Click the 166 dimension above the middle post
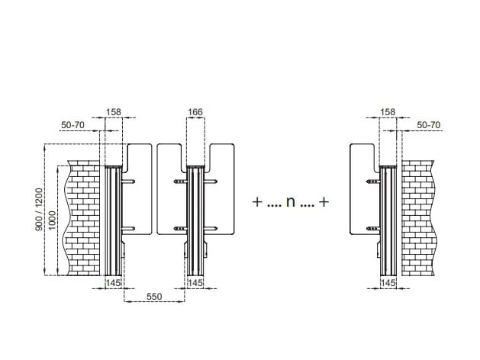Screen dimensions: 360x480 (195, 113)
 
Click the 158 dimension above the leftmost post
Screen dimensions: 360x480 (113, 113)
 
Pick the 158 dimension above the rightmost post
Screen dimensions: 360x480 (388, 113)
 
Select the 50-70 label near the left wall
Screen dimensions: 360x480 (73, 124)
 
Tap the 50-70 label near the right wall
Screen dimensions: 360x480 (429, 124)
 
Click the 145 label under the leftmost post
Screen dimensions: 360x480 (113, 283)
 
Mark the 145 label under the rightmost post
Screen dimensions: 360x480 (388, 283)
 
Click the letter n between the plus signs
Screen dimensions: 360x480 (290, 203)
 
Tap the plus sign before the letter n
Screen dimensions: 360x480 (257, 203)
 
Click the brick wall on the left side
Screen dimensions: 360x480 (84, 217)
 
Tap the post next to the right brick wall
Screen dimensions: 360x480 (388, 221)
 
